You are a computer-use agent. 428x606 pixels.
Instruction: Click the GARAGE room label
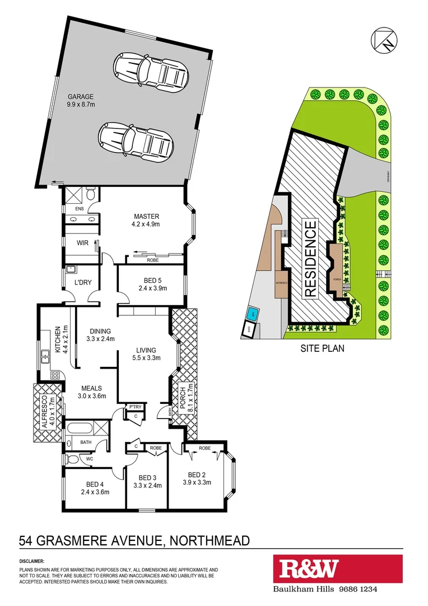click(81, 97)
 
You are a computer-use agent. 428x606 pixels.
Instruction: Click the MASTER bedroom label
click(147, 217)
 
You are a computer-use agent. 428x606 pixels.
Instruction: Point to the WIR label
click(83, 243)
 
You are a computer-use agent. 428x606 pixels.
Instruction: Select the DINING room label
click(100, 331)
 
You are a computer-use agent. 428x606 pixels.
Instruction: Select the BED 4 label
click(95, 484)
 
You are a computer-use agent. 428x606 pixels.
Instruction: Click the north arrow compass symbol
click(384, 40)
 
